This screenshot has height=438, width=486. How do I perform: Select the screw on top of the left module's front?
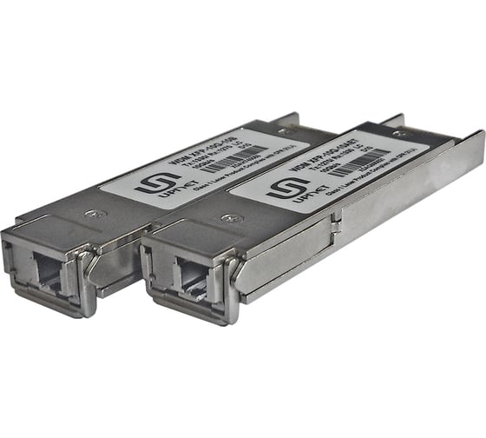click(102, 214)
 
